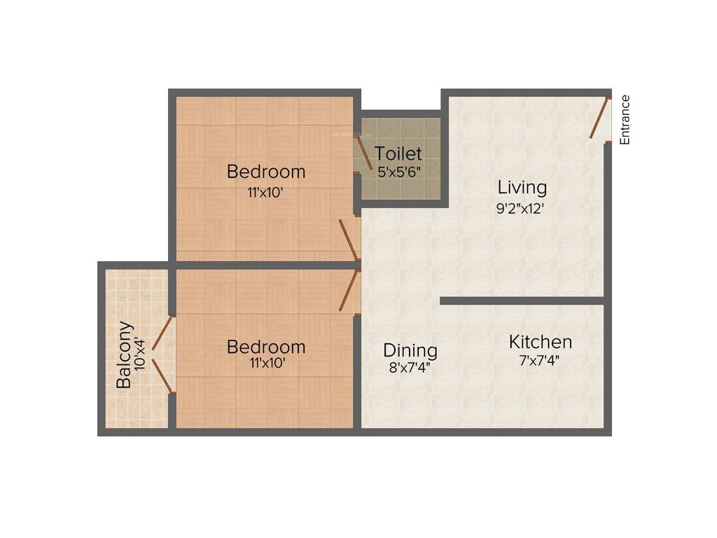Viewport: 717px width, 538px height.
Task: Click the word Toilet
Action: click(398, 153)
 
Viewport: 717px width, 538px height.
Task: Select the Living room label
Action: click(522, 187)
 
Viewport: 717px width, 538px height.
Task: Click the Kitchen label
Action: click(540, 342)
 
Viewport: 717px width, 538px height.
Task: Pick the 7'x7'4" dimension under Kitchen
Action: click(539, 361)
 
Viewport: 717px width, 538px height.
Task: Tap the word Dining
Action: click(410, 350)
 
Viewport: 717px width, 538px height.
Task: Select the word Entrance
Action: click(625, 120)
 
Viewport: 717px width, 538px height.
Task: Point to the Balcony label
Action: click(125, 354)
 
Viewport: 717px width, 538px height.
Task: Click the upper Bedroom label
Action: click(266, 171)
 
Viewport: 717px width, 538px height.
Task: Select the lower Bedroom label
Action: click(266, 347)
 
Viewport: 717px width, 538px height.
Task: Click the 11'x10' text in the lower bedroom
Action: click(265, 364)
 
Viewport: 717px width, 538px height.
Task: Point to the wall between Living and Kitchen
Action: click(522, 301)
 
